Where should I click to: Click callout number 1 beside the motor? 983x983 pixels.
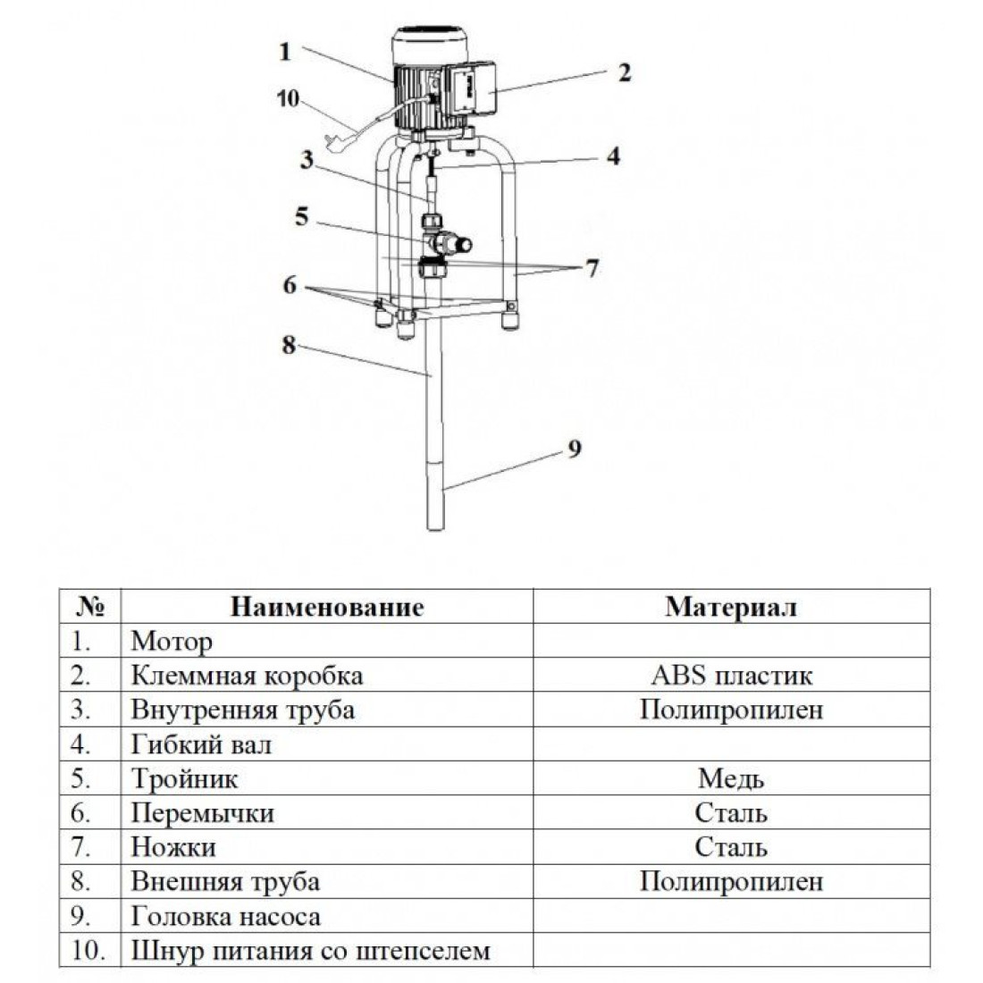(285, 52)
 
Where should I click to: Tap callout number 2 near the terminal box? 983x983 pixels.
(625, 72)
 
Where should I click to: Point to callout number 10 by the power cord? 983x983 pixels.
(288, 98)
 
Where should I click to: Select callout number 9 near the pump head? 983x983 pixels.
(575, 449)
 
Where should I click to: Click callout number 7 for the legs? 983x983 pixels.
(592, 268)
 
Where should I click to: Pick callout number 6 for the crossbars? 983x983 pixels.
(289, 285)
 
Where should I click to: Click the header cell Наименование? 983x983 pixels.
(326, 607)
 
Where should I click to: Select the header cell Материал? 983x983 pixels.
(731, 607)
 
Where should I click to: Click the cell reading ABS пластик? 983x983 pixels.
(731, 676)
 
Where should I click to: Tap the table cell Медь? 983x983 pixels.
(731, 778)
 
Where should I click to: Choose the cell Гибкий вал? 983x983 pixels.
(201, 744)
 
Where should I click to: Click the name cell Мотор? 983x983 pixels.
(172, 642)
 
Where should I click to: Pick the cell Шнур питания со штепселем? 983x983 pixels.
(310, 951)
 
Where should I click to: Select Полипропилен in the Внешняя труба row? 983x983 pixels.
(731, 881)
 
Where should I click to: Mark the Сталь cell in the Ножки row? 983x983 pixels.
(731, 847)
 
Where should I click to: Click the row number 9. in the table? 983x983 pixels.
(80, 917)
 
